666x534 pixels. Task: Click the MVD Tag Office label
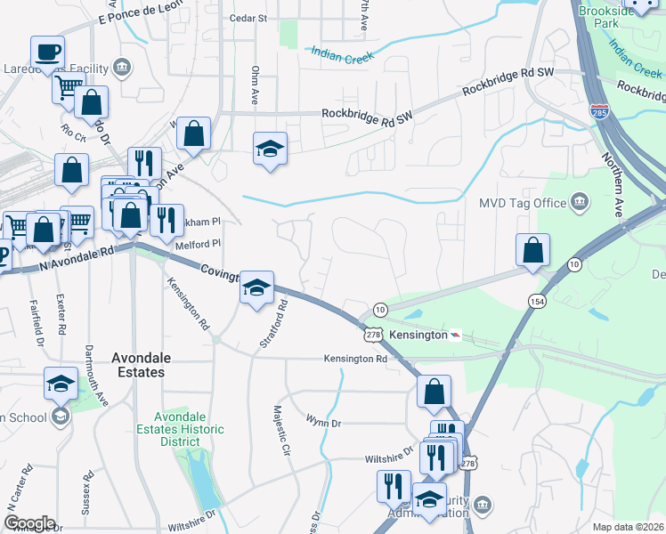[523, 203]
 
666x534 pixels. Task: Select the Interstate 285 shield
[599, 112]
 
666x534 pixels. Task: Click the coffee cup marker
[47, 53]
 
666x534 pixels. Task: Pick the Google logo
[29, 523]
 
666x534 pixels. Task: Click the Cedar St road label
[248, 18]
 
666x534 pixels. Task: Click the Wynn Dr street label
[324, 419]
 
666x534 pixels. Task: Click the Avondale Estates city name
[138, 365]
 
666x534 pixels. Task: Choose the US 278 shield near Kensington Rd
[373, 334]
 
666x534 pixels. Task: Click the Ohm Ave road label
[255, 85]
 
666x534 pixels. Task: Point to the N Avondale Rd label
[78, 259]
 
